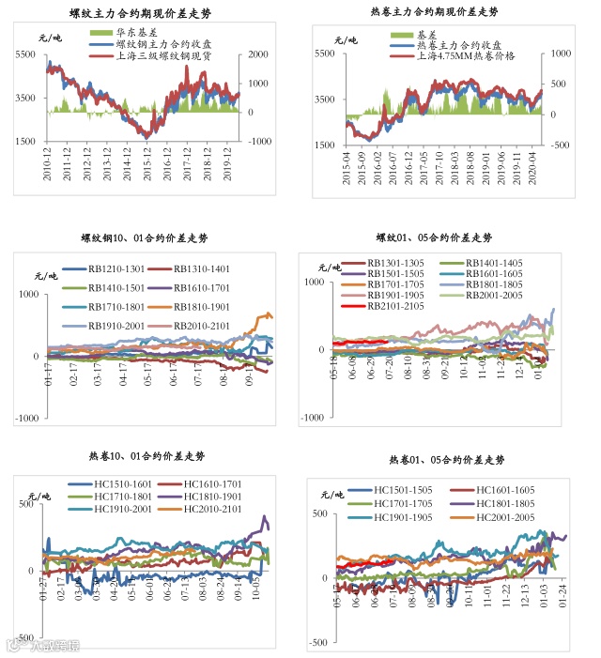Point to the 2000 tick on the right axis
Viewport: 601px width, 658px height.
[x=259, y=54]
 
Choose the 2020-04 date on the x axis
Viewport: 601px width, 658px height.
[x=536, y=165]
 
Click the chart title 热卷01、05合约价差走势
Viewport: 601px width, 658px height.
[x=447, y=460]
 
